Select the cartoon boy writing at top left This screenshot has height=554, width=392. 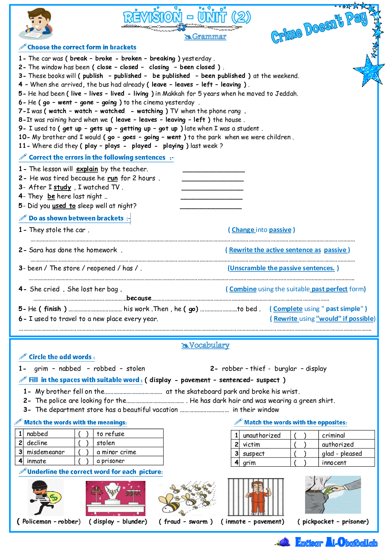tap(36, 24)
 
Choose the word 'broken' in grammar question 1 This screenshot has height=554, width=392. tap(131, 58)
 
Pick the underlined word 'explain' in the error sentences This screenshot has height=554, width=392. tap(87, 169)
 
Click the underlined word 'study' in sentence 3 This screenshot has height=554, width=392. tap(62, 187)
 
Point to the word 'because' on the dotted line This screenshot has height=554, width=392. tap(139, 298)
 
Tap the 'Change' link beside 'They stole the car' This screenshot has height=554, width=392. tap(243, 230)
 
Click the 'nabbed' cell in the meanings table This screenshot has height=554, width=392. tap(38, 434)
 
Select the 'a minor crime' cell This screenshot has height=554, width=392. tap(117, 452)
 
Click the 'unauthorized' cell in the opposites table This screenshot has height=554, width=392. tap(262, 435)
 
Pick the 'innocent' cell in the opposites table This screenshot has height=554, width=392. tap(334, 463)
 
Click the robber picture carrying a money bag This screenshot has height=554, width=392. tap(46, 497)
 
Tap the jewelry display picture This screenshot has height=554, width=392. tap(116, 498)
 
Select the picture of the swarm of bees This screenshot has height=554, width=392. tap(187, 498)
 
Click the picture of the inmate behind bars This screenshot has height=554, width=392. tap(256, 497)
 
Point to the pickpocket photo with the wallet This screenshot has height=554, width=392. tap(333, 494)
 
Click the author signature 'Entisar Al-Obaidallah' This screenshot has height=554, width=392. tap(336, 543)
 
